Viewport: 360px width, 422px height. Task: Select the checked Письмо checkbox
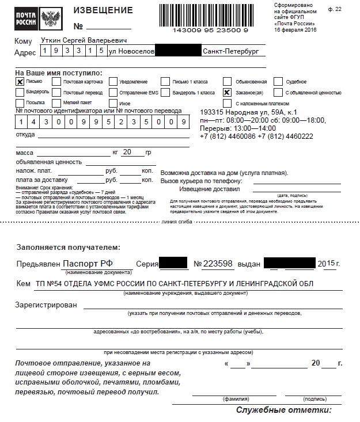20,82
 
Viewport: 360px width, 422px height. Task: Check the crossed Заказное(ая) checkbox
227,92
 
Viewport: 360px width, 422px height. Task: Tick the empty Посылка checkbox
20,102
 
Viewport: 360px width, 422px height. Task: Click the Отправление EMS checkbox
113,92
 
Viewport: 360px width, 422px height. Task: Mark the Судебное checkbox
279,82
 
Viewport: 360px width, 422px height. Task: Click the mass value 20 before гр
127,153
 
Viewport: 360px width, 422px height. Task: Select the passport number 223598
218,264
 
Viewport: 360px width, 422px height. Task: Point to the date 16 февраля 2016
295,29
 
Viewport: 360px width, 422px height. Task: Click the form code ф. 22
335,9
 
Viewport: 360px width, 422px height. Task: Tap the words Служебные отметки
284,410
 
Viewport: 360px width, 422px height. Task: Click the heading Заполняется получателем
68,247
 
